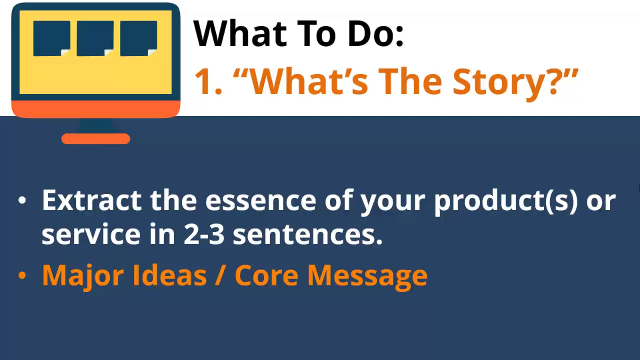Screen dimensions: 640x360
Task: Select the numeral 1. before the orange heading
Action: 208,81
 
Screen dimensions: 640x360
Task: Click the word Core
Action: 266,275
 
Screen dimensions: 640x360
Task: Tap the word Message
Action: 367,277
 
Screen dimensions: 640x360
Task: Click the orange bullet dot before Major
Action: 22,275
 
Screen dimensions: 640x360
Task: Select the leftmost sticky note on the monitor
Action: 52,38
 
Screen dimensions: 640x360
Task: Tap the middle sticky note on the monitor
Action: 95,38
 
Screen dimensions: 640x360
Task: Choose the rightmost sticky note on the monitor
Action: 139,38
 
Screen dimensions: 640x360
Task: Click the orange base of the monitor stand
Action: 96,139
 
